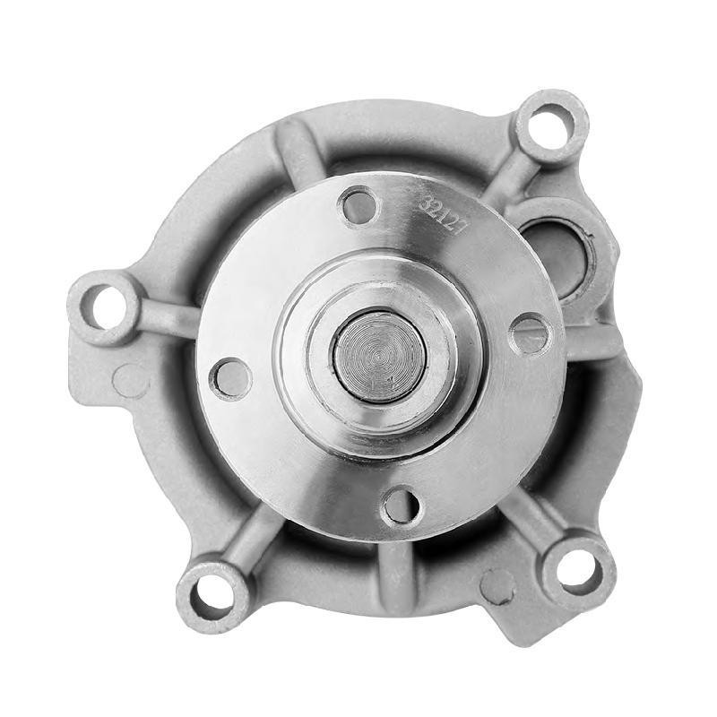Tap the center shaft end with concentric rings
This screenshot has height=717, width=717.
click(379, 356)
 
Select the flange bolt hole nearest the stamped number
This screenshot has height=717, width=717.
click(359, 206)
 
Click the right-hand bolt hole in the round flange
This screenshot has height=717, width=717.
click(530, 334)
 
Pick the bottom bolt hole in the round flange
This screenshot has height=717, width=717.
click(400, 507)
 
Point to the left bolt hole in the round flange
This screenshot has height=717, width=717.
click(230, 377)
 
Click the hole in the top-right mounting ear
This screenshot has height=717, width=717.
click(549, 125)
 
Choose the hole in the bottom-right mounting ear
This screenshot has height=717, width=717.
click(577, 572)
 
